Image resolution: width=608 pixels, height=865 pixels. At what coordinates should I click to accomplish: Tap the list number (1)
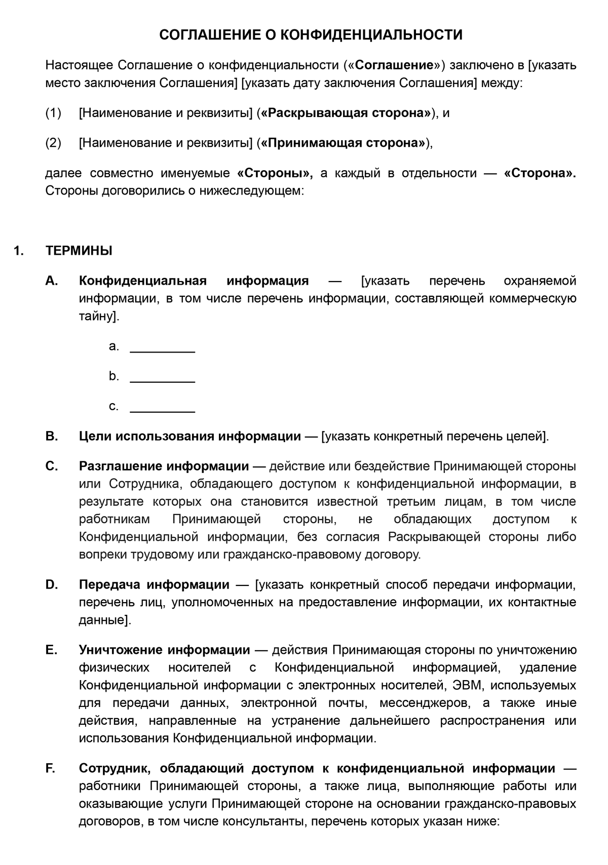tap(53, 113)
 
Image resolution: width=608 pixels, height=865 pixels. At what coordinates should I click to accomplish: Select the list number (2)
tap(53, 143)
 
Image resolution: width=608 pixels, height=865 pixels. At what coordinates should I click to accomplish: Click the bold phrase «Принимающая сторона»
tap(344, 143)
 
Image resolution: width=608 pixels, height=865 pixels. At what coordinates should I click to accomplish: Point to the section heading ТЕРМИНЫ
tap(79, 251)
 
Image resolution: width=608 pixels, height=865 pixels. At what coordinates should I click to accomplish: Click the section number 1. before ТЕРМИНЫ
tap(19, 251)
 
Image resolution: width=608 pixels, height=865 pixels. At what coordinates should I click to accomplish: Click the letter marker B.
tap(51, 437)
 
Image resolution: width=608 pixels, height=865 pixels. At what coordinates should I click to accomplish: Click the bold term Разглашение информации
tap(164, 466)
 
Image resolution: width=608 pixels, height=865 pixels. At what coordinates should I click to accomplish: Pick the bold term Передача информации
tap(154, 585)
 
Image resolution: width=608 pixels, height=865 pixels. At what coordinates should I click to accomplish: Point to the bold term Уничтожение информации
tap(164, 650)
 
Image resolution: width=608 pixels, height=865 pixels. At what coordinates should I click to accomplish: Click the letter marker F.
tap(50, 769)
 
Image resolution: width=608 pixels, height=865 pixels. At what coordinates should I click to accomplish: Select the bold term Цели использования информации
tap(190, 437)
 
